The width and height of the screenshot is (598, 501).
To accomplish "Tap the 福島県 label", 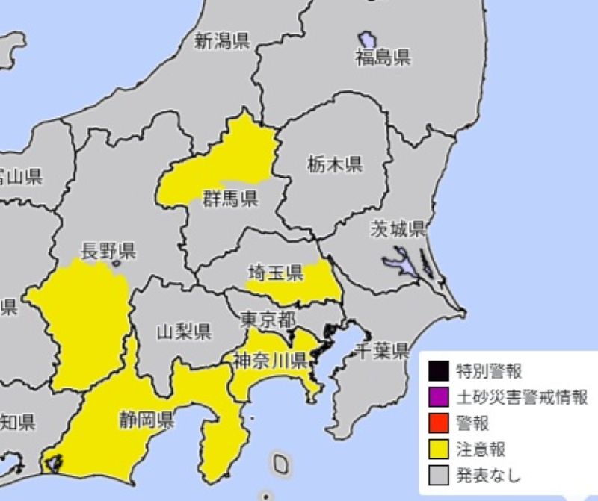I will (x=383, y=57).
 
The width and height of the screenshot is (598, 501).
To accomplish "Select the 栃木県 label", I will (x=334, y=165).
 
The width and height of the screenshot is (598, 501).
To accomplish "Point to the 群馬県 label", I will (x=230, y=198).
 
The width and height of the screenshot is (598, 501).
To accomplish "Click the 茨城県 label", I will (x=398, y=229).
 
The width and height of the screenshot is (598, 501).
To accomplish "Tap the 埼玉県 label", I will (x=275, y=274).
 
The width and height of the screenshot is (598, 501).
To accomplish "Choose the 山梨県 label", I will (x=183, y=331).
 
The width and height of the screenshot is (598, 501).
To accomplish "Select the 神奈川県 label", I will (x=270, y=362).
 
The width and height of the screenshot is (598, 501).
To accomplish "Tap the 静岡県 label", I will (x=146, y=417).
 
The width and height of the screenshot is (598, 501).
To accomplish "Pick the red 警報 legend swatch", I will (x=438, y=423).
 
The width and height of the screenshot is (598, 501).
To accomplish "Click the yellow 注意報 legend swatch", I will (x=438, y=449).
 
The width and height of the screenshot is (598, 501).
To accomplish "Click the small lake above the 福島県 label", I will (x=367, y=39).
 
